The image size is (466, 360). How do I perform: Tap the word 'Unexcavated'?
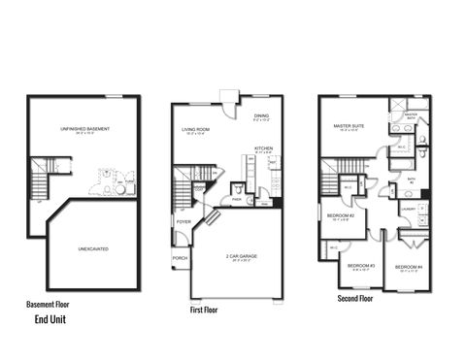click(93, 249)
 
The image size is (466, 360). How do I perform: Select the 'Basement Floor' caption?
click(49, 304)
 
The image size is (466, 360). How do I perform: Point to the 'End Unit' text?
click(50, 318)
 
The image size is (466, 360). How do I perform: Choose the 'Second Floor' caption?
click(354, 299)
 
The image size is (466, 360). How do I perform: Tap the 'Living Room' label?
click(197, 129)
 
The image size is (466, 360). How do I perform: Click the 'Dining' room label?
click(261, 116)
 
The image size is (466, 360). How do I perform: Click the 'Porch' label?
click(180, 258)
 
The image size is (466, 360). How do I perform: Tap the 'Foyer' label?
click(183, 221)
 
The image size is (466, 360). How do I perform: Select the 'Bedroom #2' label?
click(339, 214)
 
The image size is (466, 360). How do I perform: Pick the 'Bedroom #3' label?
click(361, 265)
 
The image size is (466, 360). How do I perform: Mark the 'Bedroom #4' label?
click(408, 266)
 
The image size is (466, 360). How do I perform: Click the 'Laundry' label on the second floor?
click(408, 208)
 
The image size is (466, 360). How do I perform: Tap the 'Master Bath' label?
click(411, 115)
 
